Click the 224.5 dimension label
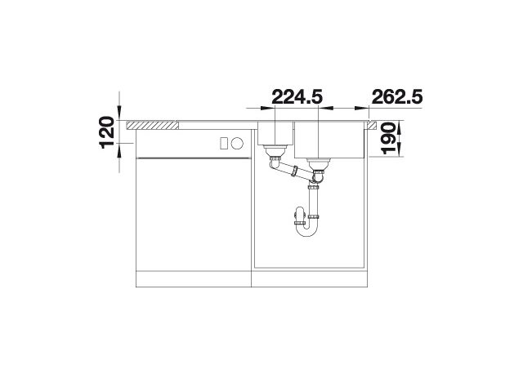click(297, 97)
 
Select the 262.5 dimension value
click(397, 97)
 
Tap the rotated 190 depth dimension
click(389, 139)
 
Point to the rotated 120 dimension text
click(106, 132)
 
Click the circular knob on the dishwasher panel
click(237, 143)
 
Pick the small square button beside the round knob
click(224, 143)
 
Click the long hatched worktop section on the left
click(152, 125)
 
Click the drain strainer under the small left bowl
click(275, 151)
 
